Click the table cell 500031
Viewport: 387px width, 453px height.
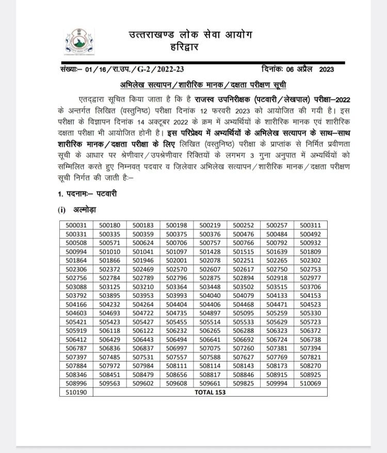point(75,225)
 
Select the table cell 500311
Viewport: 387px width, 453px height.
point(310,225)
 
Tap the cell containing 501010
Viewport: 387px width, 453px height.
point(109,251)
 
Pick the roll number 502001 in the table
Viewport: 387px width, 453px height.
point(176,260)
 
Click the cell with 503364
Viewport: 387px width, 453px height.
point(176,286)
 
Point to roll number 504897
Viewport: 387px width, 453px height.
point(209,313)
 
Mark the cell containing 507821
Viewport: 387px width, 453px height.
point(310,357)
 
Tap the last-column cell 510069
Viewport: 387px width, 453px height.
point(310,384)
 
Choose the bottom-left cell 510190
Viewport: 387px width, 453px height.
point(75,393)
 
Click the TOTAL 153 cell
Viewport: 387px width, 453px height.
point(209,393)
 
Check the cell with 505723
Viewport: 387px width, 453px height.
point(310,322)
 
